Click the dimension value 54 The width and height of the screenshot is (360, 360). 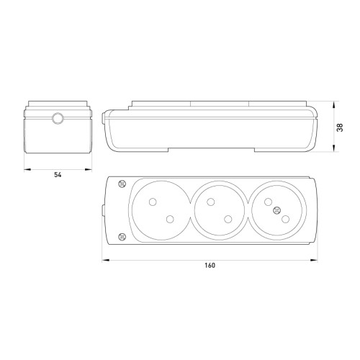[58, 175]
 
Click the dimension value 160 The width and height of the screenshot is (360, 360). [210, 266]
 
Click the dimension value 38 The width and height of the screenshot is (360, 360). [340, 127]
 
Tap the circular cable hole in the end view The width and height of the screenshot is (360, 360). [58, 118]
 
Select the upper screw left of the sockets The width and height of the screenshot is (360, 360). [122, 184]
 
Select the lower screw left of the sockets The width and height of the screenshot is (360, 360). [122, 237]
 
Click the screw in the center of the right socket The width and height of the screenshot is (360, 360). [276, 210]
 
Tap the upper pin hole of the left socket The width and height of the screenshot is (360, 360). [153, 202]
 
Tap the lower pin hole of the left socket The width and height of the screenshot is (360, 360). [170, 219]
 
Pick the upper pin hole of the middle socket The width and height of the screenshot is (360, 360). [210, 202]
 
